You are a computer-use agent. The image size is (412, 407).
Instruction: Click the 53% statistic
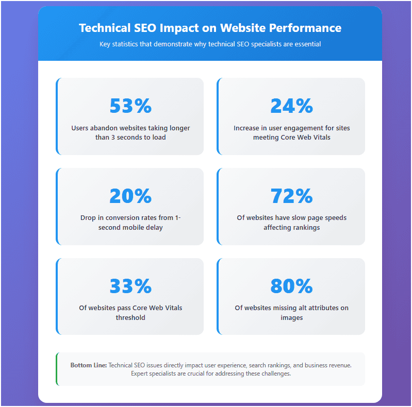point(130,106)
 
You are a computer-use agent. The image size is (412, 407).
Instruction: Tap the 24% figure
point(291,106)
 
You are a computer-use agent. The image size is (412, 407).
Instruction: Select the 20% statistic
point(130,196)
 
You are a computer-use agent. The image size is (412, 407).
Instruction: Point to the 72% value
point(291,196)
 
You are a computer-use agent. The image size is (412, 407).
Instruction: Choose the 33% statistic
point(130,286)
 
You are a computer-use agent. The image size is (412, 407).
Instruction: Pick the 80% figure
point(291,286)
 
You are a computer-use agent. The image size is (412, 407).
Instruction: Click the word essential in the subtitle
point(308,44)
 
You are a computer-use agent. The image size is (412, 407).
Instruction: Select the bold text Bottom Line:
point(89,365)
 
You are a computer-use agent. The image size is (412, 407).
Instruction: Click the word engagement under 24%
point(305,128)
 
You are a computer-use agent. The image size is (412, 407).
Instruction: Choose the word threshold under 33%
point(130,317)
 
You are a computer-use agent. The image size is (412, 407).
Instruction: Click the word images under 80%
point(291,317)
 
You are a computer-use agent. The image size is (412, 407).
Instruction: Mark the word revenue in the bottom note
point(338,365)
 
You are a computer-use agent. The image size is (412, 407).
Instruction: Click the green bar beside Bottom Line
point(56,369)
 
